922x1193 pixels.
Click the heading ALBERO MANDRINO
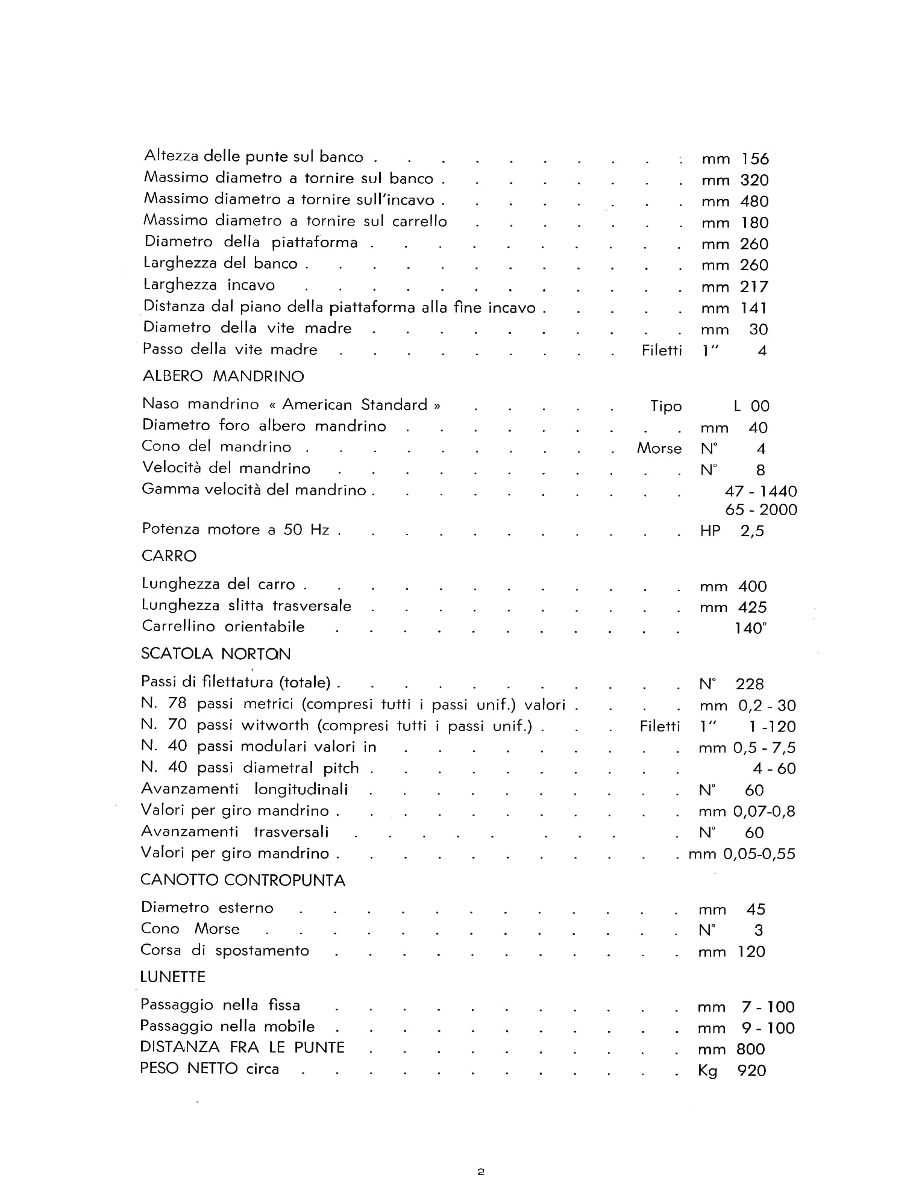click(x=223, y=377)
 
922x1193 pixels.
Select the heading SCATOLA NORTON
click(x=216, y=654)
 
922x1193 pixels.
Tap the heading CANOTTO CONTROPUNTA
click(x=243, y=880)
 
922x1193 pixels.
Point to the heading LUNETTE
click(x=172, y=977)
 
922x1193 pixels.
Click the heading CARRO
click(x=169, y=556)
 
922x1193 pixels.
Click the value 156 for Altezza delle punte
click(x=755, y=159)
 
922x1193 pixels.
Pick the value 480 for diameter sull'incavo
click(x=754, y=201)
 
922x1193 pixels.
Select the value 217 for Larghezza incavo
click(x=754, y=287)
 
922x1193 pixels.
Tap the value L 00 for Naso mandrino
click(x=751, y=406)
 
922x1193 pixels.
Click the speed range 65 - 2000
click(x=761, y=510)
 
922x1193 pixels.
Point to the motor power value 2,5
click(x=752, y=531)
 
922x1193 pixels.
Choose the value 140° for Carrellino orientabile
click(x=751, y=628)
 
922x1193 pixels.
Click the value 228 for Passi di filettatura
click(x=750, y=684)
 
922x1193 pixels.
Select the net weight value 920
click(x=751, y=1071)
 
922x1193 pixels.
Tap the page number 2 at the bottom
click(x=480, y=1172)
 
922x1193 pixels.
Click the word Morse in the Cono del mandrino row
click(x=659, y=449)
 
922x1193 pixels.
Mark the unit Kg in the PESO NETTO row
click(x=707, y=1071)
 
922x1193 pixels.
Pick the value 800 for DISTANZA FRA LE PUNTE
click(x=751, y=1050)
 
